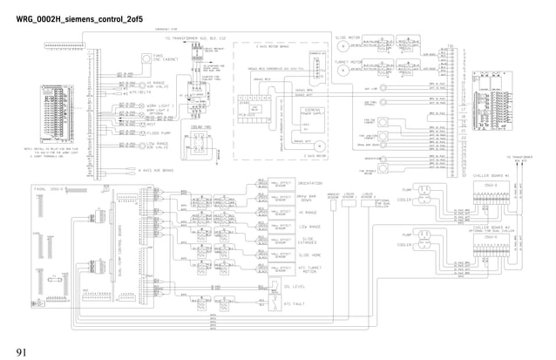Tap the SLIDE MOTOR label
pyautogui.click(x=347, y=37)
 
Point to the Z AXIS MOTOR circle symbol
pyautogui.click(x=318, y=146)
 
